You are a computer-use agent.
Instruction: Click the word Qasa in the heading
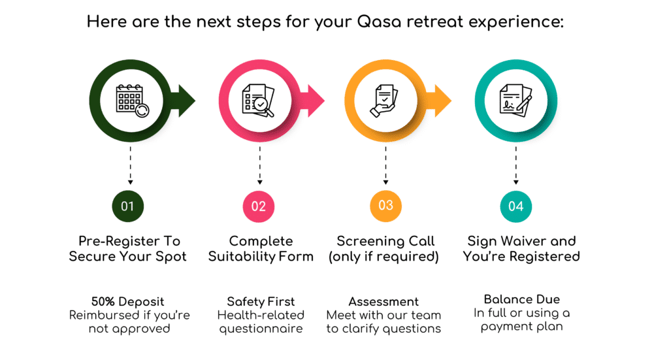pyautogui.click(x=379, y=22)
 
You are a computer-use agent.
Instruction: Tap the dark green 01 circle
pyautogui.click(x=128, y=206)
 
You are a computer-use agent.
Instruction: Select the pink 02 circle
pyautogui.click(x=259, y=206)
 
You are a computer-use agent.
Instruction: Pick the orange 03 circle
pyautogui.click(x=385, y=206)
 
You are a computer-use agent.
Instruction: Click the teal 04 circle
pyautogui.click(x=516, y=206)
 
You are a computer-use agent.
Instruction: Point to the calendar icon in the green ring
pyautogui.click(x=132, y=101)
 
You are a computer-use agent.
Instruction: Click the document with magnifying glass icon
pyautogui.click(x=258, y=101)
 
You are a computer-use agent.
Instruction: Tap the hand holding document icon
pyautogui.click(x=383, y=101)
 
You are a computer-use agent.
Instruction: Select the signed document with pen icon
pyautogui.click(x=516, y=101)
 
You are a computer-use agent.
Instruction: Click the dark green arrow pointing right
pyautogui.click(x=183, y=101)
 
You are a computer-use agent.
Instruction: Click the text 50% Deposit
pyautogui.click(x=127, y=302)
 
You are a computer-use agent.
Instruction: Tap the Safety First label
pyautogui.click(x=261, y=302)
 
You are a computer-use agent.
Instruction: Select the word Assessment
pyautogui.click(x=383, y=302)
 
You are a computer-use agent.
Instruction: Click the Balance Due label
pyautogui.click(x=522, y=299)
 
